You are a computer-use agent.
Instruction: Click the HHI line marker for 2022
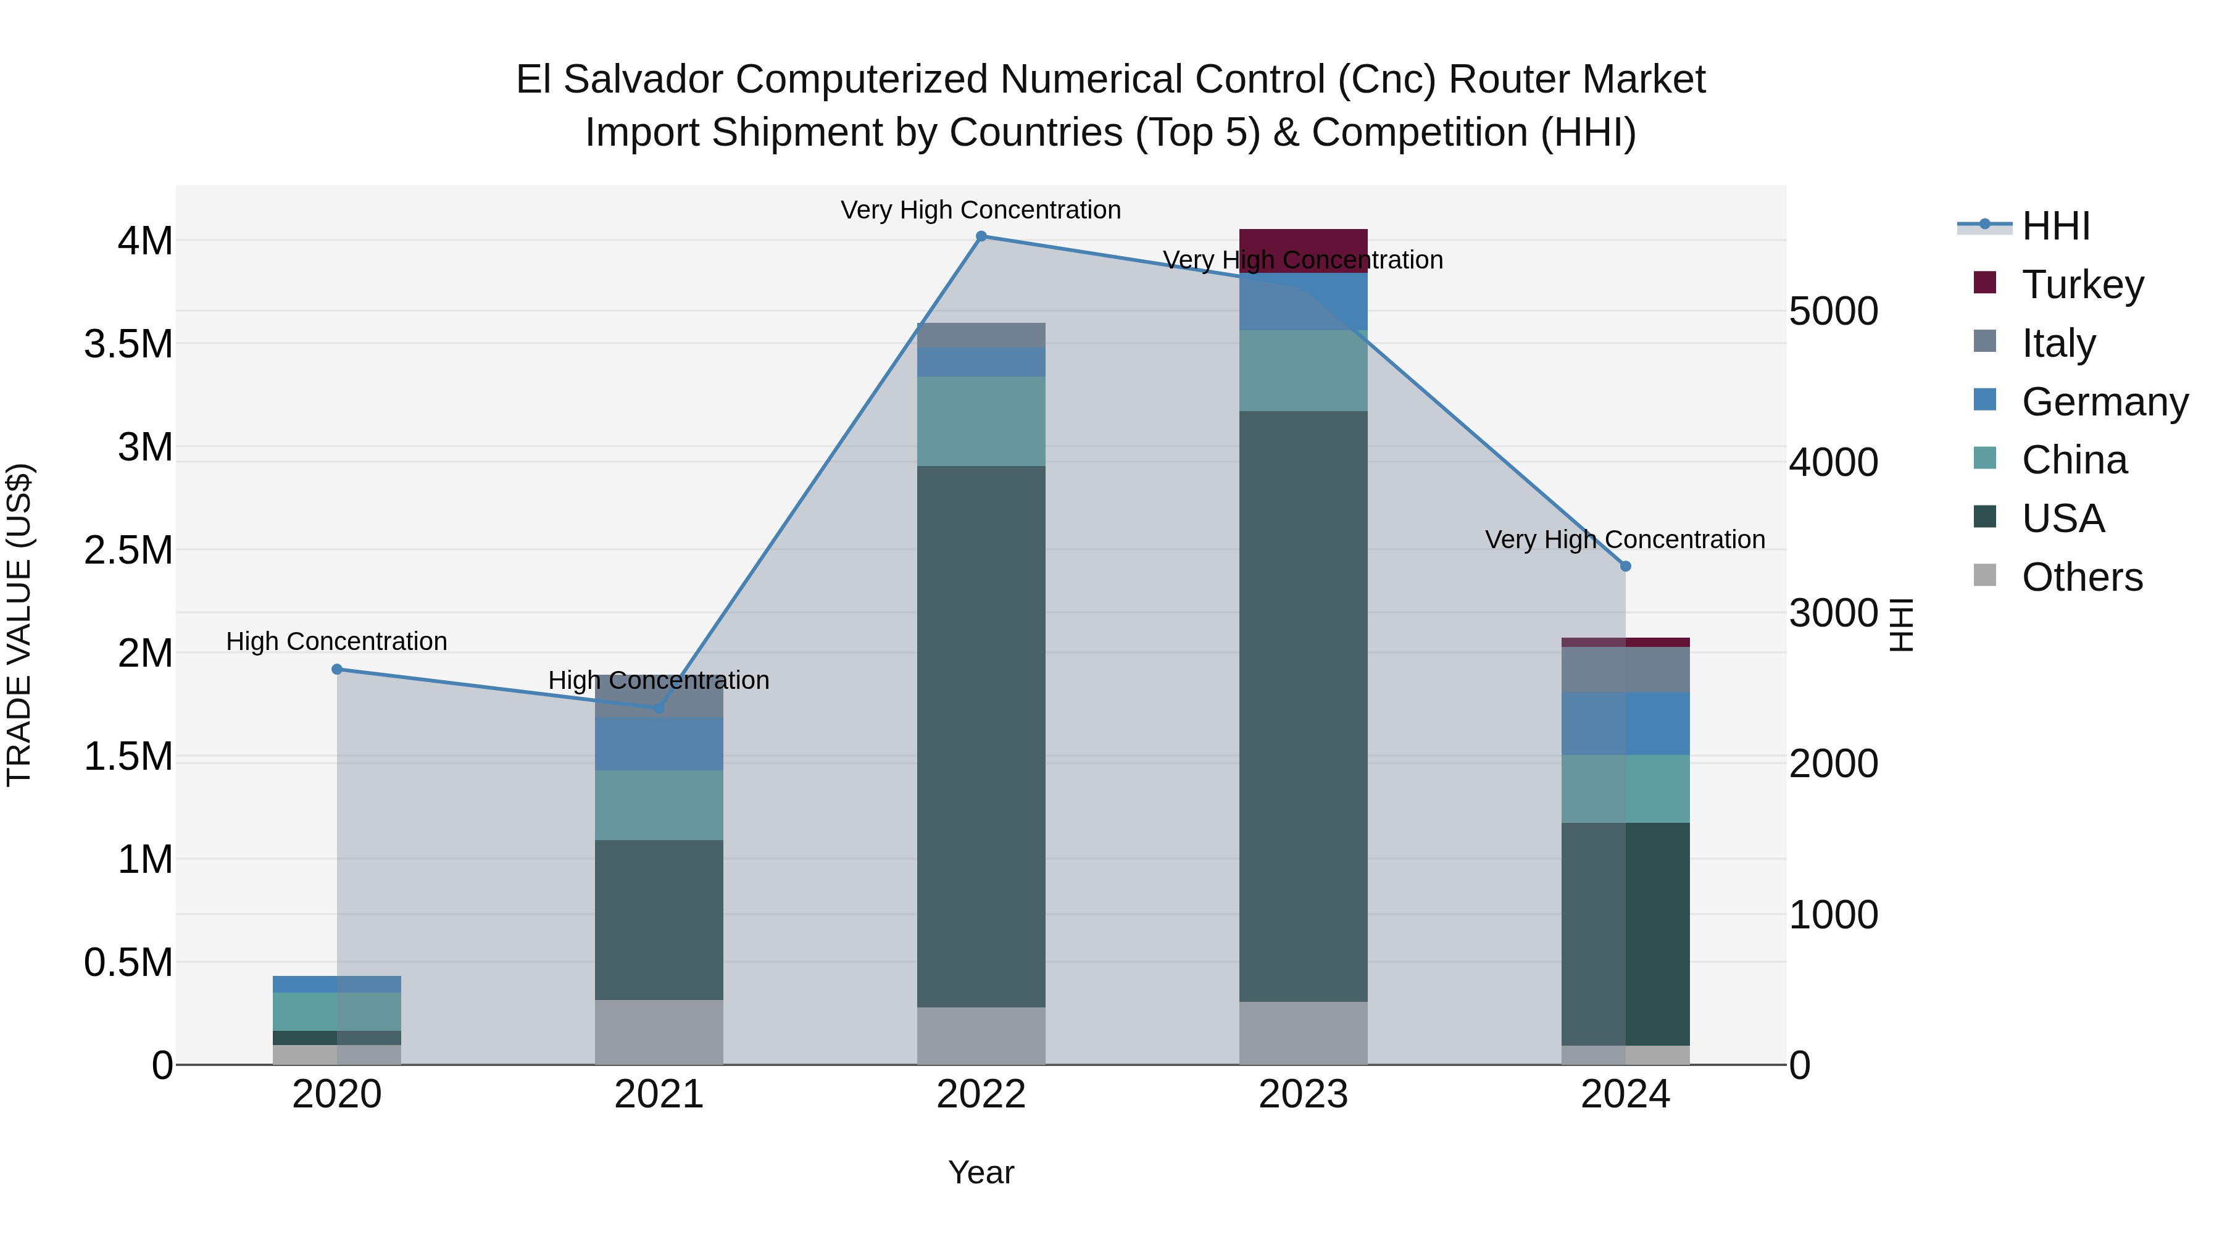tap(981, 236)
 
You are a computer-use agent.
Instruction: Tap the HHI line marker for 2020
tap(337, 669)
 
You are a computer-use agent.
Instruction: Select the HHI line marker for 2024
tap(1625, 567)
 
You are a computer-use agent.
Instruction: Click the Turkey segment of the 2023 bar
tap(1304, 250)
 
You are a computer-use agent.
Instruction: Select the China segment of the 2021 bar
tap(659, 805)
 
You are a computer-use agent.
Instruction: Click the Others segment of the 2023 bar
tap(1304, 1033)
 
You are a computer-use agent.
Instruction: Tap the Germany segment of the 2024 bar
tap(1625, 723)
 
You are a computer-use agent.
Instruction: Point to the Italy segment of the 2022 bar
tap(981, 335)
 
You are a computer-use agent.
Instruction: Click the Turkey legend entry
tap(2083, 284)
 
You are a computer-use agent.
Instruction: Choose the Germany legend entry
tap(2104, 401)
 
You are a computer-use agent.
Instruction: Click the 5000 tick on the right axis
tap(1833, 312)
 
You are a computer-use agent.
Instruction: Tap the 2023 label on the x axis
tap(1304, 1094)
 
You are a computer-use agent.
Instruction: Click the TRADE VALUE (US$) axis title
tap(20, 625)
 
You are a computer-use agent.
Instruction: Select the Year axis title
tap(981, 1172)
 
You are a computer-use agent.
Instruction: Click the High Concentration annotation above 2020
tap(336, 642)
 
